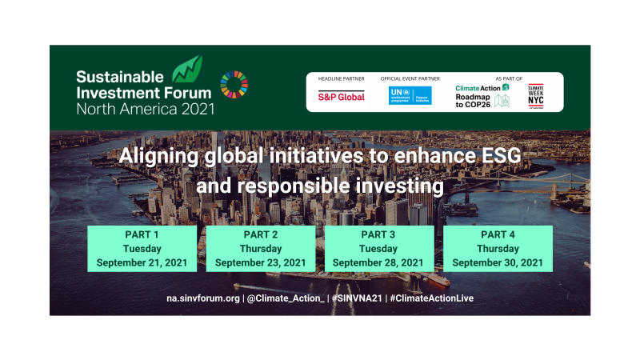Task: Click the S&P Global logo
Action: [342, 97]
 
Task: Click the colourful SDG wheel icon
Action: [234, 85]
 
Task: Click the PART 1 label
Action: [142, 234]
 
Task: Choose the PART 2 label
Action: [260, 234]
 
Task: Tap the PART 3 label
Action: [378, 234]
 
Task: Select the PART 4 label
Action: [498, 234]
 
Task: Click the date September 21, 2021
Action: [142, 262]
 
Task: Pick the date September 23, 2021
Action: [260, 262]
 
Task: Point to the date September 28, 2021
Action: [378, 262]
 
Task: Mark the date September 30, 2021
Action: [498, 262]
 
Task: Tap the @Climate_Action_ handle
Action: [286, 298]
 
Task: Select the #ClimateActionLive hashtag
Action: [434, 298]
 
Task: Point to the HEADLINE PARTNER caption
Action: [342, 79]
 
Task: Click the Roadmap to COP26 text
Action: [474, 101]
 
